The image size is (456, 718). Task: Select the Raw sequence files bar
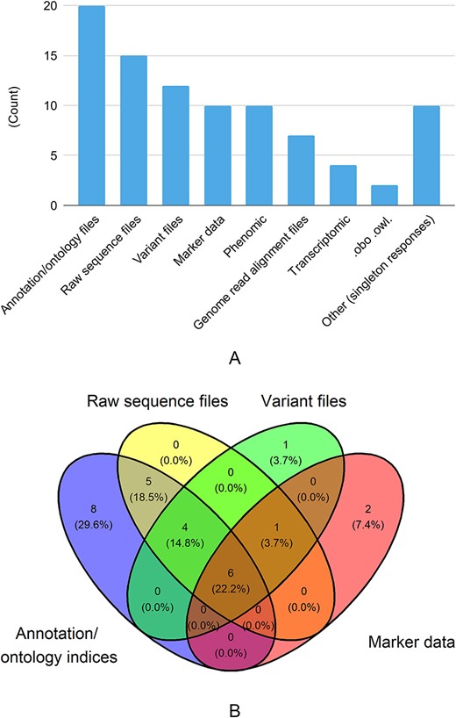tap(133, 131)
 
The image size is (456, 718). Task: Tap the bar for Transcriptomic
tap(344, 185)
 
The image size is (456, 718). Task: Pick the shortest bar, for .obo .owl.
tap(385, 196)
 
